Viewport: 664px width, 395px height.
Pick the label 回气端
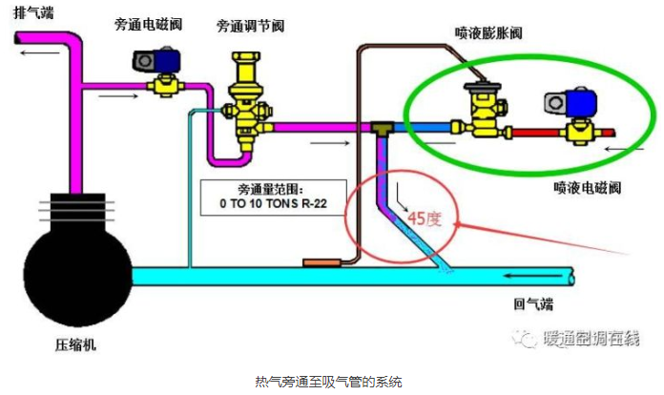coord(533,305)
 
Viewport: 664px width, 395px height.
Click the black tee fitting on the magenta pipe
coord(383,127)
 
